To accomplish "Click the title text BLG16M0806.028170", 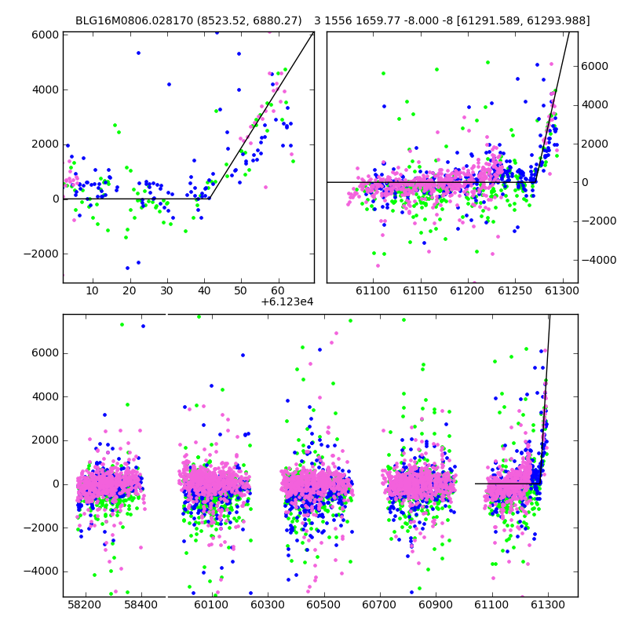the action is point(134,20).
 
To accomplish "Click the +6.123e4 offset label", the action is point(287,302).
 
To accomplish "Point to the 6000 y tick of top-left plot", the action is point(46,35).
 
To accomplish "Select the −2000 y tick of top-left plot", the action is point(42,254).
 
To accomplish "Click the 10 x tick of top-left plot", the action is point(93,290).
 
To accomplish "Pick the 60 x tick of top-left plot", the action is point(278,290).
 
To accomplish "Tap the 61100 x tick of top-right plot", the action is point(374,290).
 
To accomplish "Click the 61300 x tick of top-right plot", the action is point(562,290).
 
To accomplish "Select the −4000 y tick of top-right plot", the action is point(599,261).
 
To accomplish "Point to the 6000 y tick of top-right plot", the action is point(595,66).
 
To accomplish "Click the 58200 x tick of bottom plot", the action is point(85,604).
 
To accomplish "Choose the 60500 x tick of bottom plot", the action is point(323,604).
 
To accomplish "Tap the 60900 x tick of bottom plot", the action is point(436,604).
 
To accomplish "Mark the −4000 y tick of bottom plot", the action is point(42,571).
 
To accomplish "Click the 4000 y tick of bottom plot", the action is point(46,397).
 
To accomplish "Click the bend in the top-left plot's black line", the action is point(210,199).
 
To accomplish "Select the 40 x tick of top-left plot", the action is point(204,290).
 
